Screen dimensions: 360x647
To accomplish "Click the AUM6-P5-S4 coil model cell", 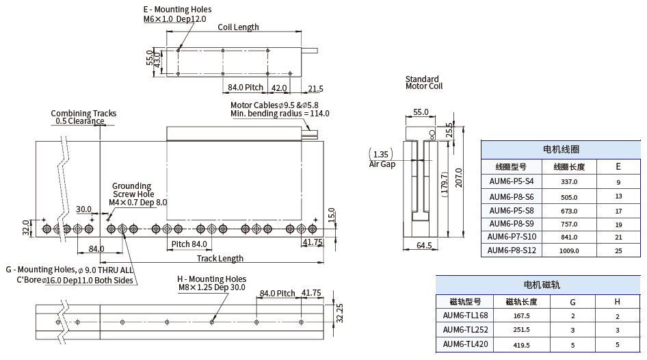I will tap(511, 182).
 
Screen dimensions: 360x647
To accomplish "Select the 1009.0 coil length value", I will tap(569, 250).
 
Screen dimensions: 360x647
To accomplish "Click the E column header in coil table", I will tap(618, 166).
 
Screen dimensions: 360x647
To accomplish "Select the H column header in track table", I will tap(617, 302).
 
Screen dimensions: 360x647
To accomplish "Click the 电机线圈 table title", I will tap(561, 149).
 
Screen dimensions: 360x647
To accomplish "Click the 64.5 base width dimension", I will tap(424, 245).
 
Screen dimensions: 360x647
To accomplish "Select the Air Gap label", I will tap(382, 164).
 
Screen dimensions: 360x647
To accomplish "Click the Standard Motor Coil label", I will tap(423, 83).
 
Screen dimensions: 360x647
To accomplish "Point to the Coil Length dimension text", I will tap(238, 27).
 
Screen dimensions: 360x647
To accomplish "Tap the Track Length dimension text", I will tap(220, 259).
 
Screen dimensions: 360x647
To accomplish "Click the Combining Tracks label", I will tap(83, 114).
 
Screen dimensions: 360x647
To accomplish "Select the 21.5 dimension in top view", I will tap(315, 89).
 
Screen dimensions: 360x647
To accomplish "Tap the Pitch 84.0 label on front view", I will tap(189, 244).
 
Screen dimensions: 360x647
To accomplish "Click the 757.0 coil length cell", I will tap(569, 224).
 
